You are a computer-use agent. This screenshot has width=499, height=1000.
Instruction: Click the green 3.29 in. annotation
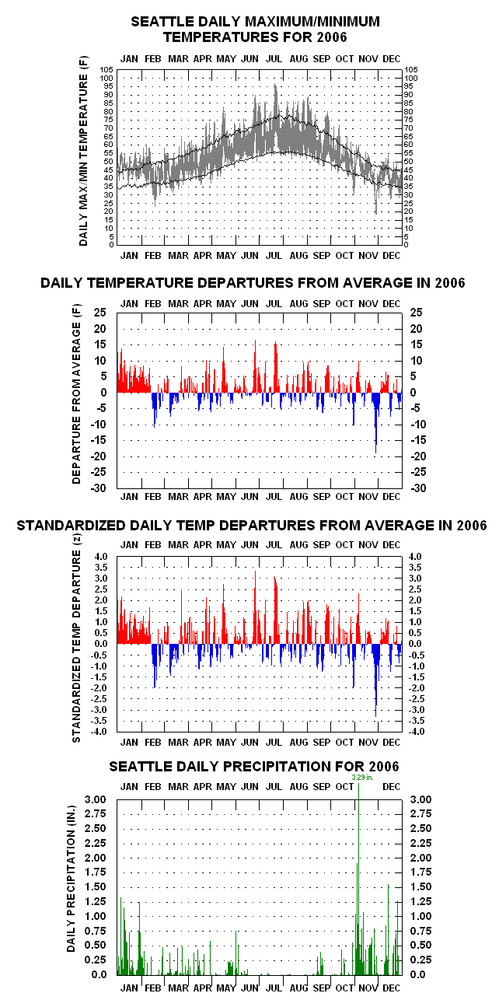click(x=362, y=778)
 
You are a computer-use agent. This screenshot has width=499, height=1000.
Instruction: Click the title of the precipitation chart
click(x=254, y=767)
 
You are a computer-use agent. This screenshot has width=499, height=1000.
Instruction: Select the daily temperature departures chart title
click(x=253, y=282)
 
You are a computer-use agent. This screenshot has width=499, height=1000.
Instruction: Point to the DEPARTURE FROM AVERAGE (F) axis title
click(x=76, y=394)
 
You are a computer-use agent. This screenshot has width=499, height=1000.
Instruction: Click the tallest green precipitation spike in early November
click(x=358, y=875)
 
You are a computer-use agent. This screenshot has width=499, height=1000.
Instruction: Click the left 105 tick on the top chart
click(x=106, y=70)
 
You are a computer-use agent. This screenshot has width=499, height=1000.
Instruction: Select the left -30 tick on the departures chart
click(x=99, y=488)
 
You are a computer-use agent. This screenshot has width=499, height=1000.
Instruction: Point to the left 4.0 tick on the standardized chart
click(x=101, y=557)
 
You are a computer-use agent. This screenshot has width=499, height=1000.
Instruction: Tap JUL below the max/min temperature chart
click(x=274, y=256)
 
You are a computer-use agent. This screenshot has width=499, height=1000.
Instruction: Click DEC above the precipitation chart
click(x=392, y=787)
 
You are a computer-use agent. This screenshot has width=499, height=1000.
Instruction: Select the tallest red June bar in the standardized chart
click(x=255, y=607)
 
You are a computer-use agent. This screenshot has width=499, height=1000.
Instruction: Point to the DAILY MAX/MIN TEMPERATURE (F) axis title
click(x=83, y=151)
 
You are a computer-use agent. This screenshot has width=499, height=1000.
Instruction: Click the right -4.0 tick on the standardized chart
click(x=417, y=732)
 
